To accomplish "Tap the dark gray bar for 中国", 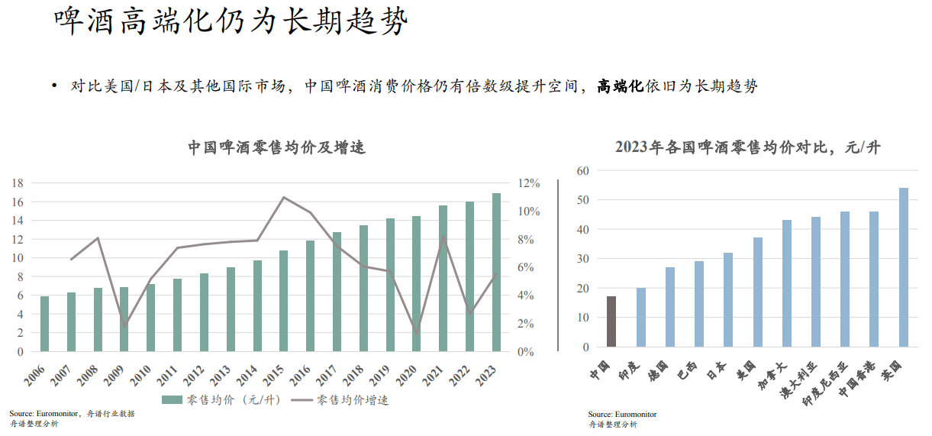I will click(611, 321).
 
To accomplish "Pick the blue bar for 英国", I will click(904, 267).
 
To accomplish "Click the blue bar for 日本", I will click(728, 299).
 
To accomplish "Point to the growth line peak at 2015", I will click(283, 197).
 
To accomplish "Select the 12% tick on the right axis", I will click(529, 183).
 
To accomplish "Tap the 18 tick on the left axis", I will click(18, 183).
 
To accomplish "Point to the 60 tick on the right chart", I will click(584, 170).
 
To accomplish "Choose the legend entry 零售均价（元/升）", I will click(221, 399).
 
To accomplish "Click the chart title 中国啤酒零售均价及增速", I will click(277, 147).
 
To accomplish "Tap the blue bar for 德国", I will click(669, 306).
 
